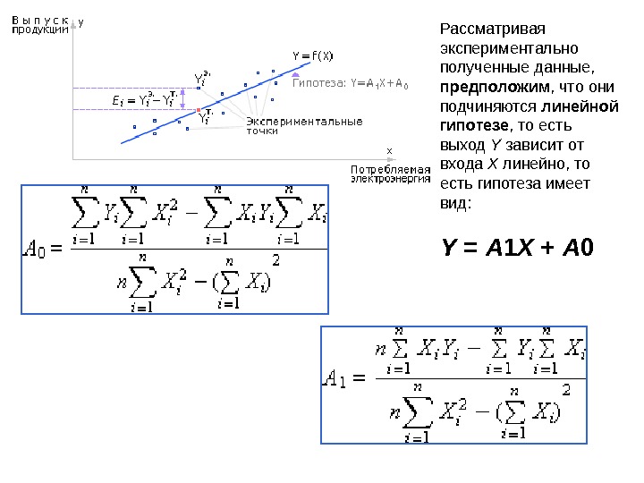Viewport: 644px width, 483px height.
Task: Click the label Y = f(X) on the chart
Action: (x=313, y=56)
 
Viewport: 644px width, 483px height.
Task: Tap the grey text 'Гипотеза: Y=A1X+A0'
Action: (x=350, y=86)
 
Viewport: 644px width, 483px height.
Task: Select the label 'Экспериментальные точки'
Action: (x=303, y=125)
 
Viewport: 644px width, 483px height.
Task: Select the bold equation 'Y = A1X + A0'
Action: (x=518, y=246)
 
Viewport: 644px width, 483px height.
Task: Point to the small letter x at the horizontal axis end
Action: (x=389, y=150)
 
